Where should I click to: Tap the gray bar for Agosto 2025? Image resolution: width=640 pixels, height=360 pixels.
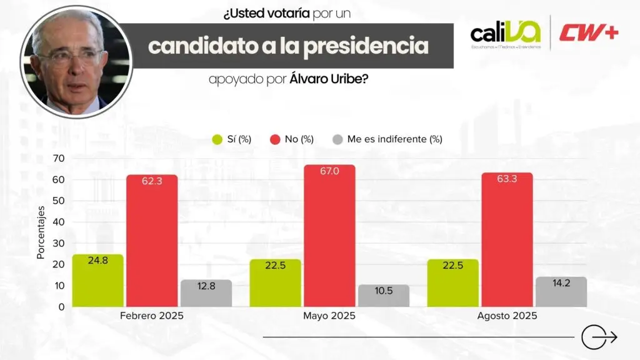[x=561, y=292]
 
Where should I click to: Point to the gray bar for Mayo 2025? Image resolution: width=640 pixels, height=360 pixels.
[x=384, y=296]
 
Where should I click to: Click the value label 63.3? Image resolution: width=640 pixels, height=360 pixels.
[x=507, y=184]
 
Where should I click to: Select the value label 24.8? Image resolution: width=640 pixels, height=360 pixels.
[x=97, y=261]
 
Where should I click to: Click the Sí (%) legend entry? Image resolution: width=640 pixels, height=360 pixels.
[x=232, y=139]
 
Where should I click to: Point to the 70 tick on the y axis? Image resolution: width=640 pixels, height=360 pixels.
[x=58, y=158]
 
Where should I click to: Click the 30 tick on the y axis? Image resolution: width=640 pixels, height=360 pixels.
[x=58, y=243]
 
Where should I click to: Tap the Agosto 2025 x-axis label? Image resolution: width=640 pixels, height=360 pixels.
[x=507, y=316]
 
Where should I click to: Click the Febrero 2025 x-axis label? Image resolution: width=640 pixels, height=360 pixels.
[x=152, y=316]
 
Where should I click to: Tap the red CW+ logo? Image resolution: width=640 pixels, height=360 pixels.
[x=589, y=32]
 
